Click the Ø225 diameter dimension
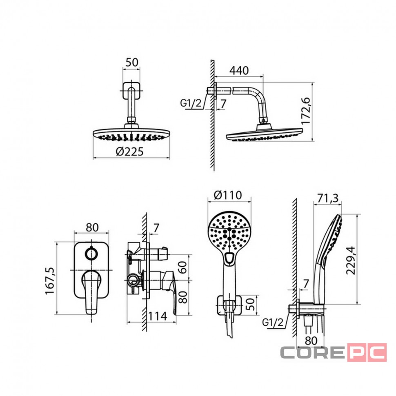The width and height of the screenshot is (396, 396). pos(129,151)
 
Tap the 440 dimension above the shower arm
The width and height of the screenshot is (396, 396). pos(239,71)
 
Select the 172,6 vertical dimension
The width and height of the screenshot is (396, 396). pos(306,111)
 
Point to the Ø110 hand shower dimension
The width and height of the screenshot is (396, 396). pos(228,195)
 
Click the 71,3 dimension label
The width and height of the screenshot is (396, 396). pos(328,198)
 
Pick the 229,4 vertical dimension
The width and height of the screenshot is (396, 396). pos(351,260)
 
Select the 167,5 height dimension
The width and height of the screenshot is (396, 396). pos(49,281)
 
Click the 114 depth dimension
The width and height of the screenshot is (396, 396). pos(157,316)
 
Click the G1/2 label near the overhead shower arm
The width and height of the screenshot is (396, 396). pos(191,103)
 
